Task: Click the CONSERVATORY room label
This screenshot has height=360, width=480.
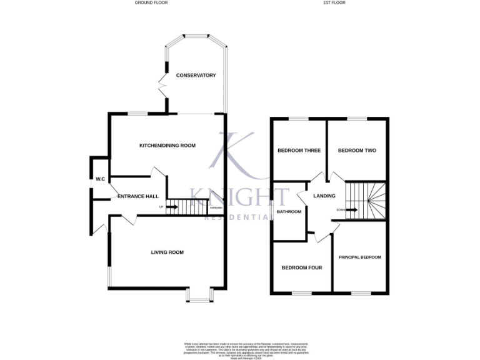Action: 196,76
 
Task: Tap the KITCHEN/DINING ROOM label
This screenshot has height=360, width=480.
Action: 167,145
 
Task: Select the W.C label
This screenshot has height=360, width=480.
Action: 99,179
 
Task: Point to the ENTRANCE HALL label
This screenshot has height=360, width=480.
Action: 137,197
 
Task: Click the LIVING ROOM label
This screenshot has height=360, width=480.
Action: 167,252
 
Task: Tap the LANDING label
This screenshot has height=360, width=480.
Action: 324,196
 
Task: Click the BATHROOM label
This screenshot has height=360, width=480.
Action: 289,212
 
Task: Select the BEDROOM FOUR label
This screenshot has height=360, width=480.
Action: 301,267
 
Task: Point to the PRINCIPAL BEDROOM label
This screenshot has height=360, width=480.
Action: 359,257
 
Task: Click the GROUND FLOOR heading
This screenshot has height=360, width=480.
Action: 151,3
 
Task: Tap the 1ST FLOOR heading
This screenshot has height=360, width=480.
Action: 334,3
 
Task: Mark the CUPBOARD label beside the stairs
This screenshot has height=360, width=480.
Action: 216,207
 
